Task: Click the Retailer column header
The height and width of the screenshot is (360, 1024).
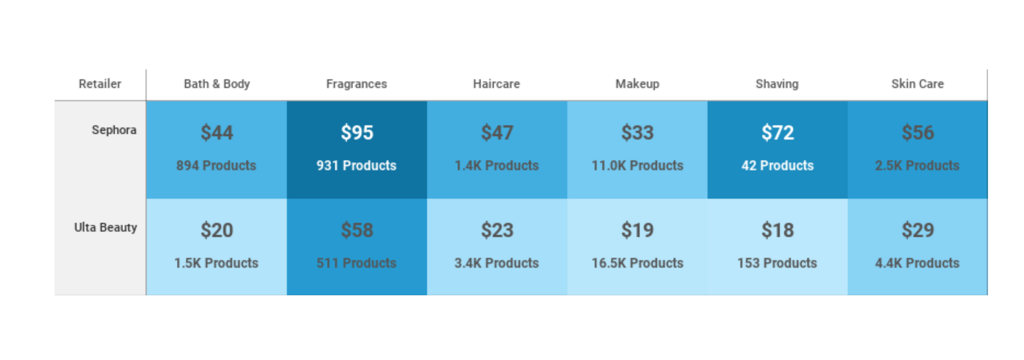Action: point(100,84)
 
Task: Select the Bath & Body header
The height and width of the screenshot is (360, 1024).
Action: point(217,84)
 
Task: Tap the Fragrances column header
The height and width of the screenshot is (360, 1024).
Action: point(356,84)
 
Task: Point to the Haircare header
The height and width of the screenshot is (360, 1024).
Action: point(496,84)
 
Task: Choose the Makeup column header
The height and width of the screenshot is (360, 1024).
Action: point(637,84)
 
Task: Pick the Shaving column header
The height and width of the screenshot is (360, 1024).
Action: point(777,84)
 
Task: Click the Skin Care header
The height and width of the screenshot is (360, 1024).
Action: point(917,84)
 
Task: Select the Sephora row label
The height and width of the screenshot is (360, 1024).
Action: point(114,130)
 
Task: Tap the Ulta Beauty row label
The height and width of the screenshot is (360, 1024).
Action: point(105,227)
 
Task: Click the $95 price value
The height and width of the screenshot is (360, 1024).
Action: point(357,133)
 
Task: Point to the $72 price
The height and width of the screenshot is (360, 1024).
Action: point(777,133)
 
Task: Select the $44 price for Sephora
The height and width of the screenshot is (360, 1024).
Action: point(217,133)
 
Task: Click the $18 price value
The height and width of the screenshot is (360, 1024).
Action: point(777,230)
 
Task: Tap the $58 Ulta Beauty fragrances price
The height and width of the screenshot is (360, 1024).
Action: point(357,230)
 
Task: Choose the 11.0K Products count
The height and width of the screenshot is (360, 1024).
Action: point(637,165)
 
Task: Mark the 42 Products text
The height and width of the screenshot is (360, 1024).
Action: point(777,165)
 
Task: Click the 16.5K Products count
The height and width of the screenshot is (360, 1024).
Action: point(637,263)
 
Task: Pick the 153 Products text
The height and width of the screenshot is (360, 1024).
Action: point(777,263)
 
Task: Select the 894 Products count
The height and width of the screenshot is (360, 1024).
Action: point(216,165)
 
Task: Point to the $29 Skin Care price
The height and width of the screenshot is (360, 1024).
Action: point(918,230)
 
